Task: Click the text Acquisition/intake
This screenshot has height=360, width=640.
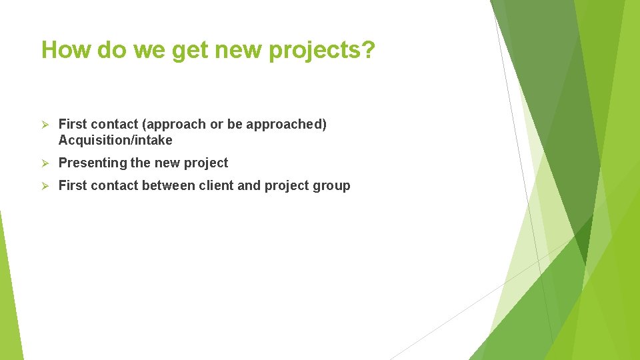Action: [x=115, y=141]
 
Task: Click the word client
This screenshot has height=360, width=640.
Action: [x=216, y=186]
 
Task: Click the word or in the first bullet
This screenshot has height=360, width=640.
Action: [x=215, y=125]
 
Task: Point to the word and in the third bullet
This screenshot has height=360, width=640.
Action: [x=249, y=186]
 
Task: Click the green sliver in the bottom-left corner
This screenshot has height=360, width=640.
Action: [x=9, y=307]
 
